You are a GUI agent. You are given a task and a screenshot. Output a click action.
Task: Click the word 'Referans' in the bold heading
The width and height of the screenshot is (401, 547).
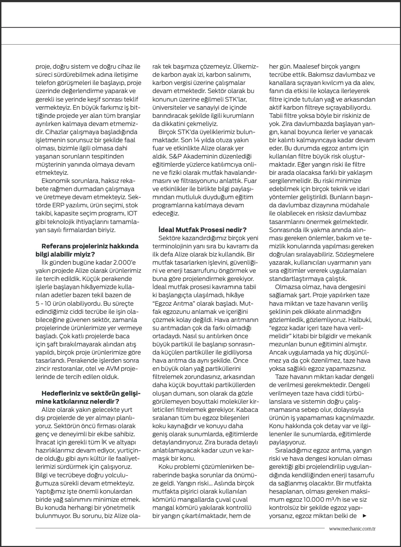pyautogui.click(x=56, y=246)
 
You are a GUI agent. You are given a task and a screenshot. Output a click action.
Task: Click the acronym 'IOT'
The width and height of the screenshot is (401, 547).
pyautogui.click(x=132, y=213)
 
